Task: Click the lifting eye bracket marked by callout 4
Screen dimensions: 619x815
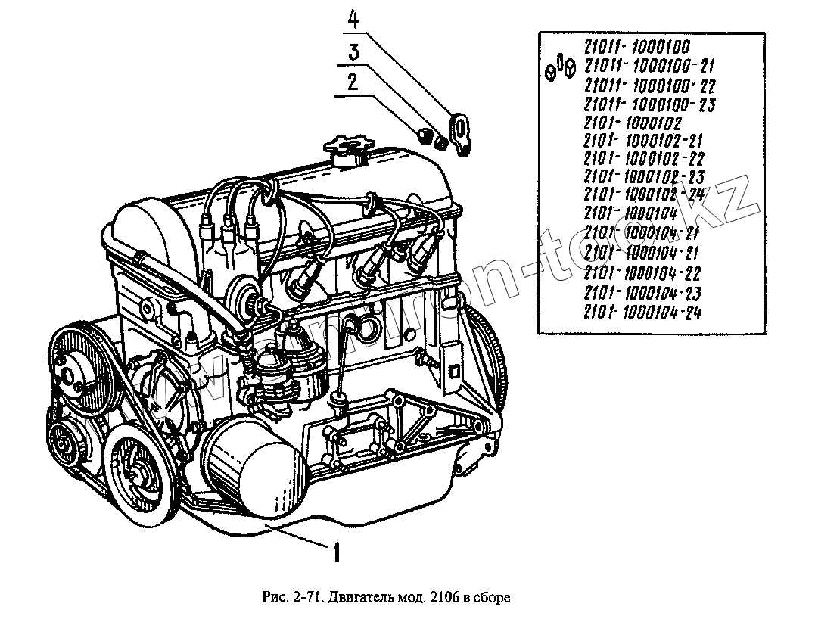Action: click(x=459, y=133)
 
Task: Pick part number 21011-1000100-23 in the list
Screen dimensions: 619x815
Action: click(x=650, y=104)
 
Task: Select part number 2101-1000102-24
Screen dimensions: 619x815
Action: click(x=645, y=194)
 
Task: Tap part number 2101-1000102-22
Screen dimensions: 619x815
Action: click(x=645, y=157)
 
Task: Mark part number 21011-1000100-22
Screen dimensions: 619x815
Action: click(x=650, y=85)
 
